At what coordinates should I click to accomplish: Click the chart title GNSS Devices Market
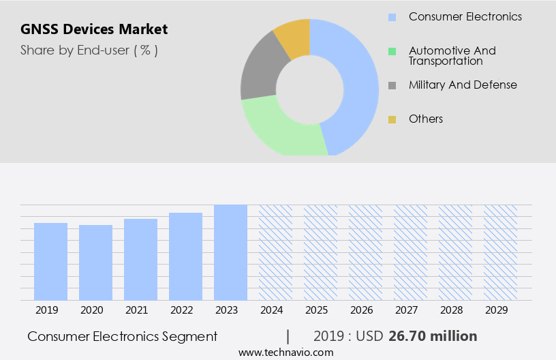click(x=94, y=29)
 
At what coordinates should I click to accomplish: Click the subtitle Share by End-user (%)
click(x=89, y=50)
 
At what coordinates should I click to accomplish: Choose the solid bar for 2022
click(x=185, y=256)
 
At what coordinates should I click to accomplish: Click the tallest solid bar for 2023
click(x=230, y=252)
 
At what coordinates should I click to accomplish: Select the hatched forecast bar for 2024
click(x=275, y=252)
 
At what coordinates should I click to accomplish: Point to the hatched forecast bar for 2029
click(x=500, y=252)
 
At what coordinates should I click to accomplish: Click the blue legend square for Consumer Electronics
click(x=392, y=17)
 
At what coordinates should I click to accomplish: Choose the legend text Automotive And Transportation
click(x=452, y=55)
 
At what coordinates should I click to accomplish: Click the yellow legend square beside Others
click(x=392, y=119)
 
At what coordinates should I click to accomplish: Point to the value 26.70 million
click(x=433, y=336)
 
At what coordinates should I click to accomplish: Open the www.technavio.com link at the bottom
click(x=285, y=352)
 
